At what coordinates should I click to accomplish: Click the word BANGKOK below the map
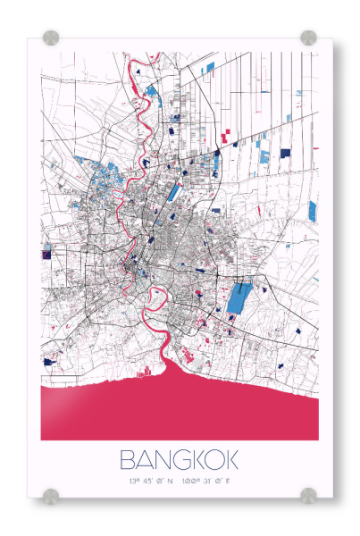point(179,461)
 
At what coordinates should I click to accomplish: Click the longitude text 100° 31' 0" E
point(211,482)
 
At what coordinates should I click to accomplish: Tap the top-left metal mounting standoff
point(51,38)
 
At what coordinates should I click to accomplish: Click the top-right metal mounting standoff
point(308,38)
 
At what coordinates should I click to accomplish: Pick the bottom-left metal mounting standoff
point(51,495)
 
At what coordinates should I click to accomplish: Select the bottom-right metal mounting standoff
point(308,495)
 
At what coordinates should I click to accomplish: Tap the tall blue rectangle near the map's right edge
point(313,211)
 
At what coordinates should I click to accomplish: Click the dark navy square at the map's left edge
point(46,254)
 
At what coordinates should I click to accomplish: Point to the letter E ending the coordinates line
point(239,482)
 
